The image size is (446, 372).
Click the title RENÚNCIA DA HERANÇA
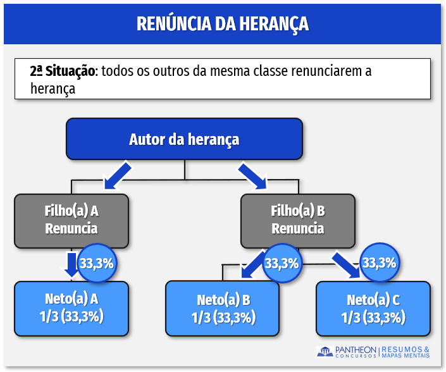(x=223, y=24)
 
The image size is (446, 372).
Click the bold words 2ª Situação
(x=62, y=70)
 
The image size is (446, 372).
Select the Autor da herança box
(x=184, y=139)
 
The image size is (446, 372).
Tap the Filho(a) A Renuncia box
(x=71, y=220)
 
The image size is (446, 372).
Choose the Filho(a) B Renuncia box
(x=297, y=220)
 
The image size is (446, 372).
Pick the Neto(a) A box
(x=71, y=307)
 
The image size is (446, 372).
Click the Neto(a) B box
(x=221, y=308)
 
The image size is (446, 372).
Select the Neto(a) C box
(x=373, y=308)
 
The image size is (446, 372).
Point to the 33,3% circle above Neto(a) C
(x=379, y=263)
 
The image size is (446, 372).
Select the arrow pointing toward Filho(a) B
(x=252, y=175)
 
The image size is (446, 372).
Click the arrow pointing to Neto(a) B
(x=253, y=264)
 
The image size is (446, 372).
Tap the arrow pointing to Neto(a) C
(x=347, y=264)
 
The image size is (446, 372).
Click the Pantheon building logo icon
(x=325, y=352)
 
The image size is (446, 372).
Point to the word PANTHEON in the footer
(x=356, y=349)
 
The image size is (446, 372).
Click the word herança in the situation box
(x=53, y=89)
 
